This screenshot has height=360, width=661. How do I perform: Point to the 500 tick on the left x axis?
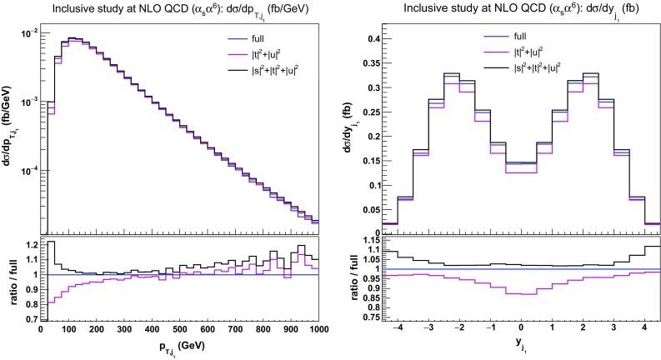[x=179, y=330]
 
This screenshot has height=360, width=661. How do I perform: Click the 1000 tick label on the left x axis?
[x=317, y=330]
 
